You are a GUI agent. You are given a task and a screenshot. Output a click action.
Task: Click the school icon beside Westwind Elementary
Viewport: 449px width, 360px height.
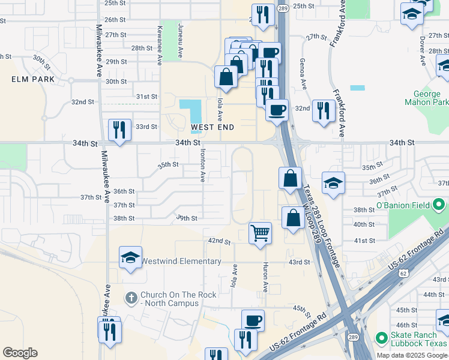[x=130, y=258]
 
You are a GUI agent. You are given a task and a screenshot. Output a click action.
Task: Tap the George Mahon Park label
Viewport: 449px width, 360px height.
[x=430, y=98]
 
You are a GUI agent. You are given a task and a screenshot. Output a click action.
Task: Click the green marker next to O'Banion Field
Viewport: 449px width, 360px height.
[x=441, y=206]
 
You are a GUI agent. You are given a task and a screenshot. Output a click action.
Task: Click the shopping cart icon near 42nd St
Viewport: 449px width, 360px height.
[x=260, y=232]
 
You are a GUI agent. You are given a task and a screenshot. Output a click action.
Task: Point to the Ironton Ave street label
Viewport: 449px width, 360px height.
[x=203, y=165]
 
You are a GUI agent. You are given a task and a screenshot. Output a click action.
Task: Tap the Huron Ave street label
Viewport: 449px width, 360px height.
[x=265, y=275]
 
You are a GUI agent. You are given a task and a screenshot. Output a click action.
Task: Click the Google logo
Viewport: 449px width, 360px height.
[x=20, y=353]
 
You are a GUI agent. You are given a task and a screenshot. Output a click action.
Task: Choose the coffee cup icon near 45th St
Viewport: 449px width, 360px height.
[x=253, y=320]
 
